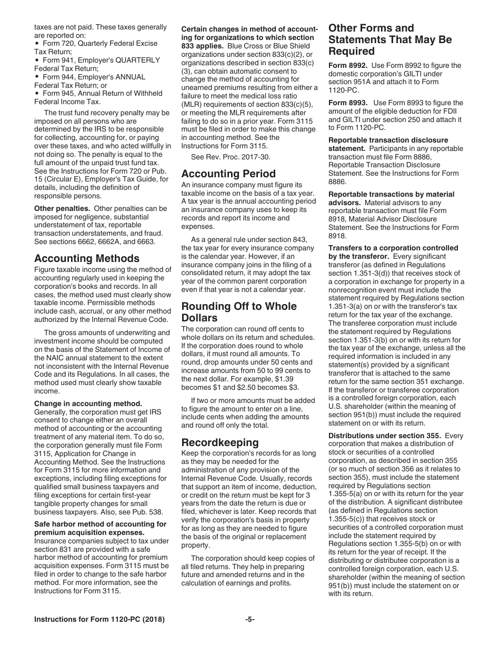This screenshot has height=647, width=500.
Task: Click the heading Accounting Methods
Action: click(87, 258)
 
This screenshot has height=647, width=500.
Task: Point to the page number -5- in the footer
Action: click(249, 620)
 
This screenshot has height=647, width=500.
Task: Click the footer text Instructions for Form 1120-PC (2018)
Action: click(99, 620)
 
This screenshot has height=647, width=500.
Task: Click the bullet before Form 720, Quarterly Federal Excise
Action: click(36, 44)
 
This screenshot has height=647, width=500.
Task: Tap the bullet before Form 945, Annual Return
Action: click(36, 94)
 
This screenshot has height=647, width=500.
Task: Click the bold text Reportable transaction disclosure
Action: click(388, 140)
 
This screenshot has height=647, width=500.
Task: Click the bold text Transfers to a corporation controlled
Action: click(393, 248)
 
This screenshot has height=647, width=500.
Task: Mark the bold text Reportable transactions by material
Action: click(391, 194)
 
